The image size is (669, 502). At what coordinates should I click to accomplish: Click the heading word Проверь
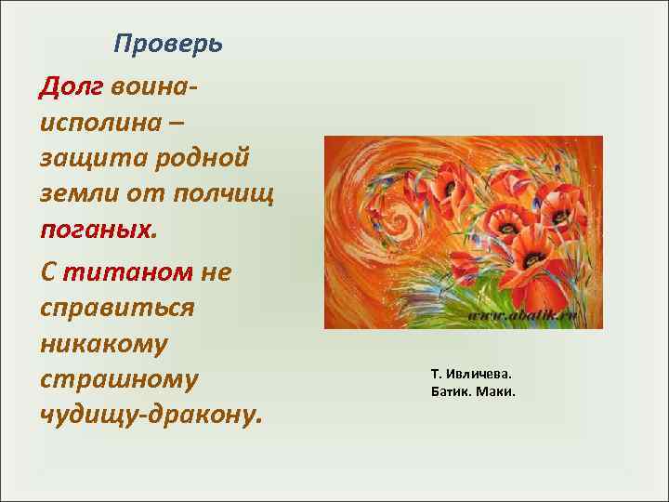(168, 45)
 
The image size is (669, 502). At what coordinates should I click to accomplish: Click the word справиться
(117, 308)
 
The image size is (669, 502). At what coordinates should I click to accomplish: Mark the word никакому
(103, 343)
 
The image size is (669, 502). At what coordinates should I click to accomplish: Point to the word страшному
(119, 379)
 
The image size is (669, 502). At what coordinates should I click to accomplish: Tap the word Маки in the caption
(494, 390)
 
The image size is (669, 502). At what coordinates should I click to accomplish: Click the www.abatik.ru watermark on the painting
(522, 316)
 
